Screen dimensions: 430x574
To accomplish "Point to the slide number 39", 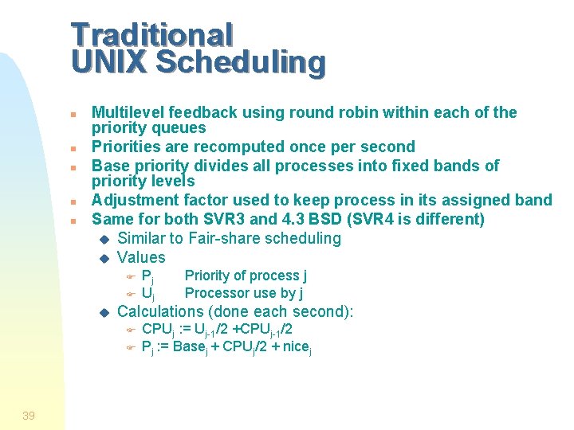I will (x=29, y=416).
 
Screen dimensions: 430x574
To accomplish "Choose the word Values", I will (x=141, y=257).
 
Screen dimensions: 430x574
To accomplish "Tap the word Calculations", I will (x=160, y=311).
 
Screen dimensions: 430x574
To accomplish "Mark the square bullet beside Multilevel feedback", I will (x=73, y=114).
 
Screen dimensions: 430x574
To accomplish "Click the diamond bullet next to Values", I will (x=102, y=258).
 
